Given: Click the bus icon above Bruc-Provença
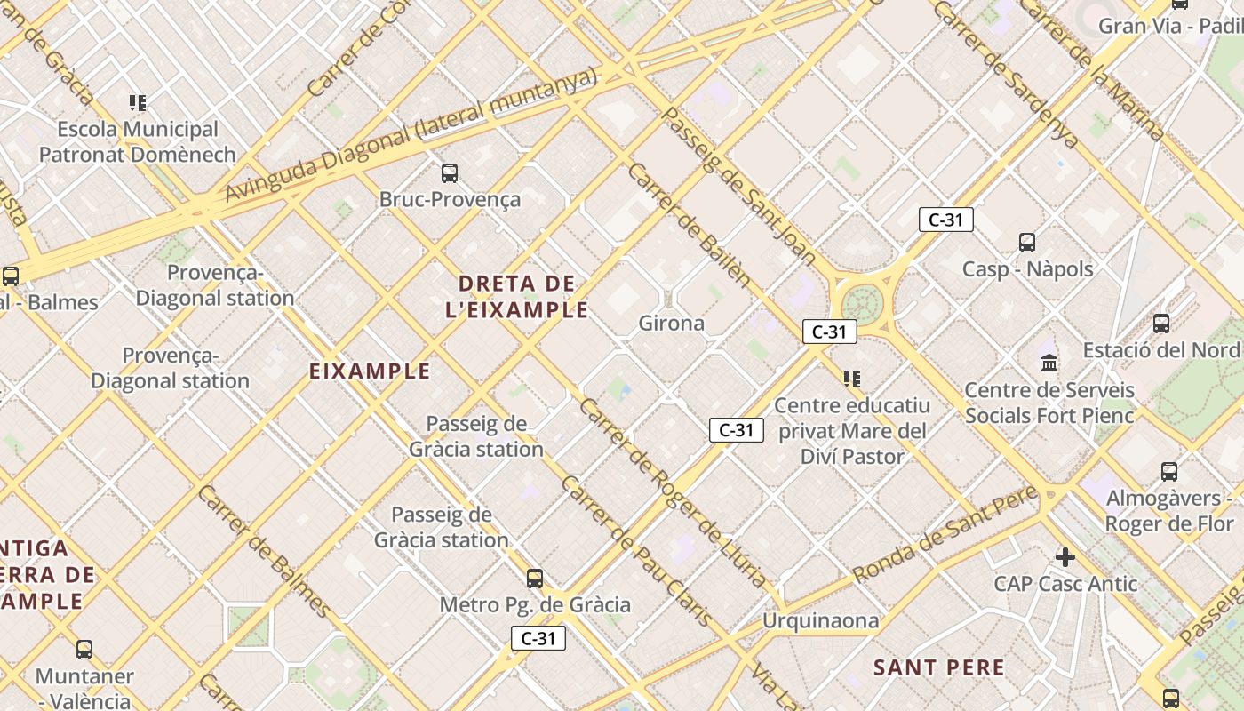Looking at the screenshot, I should point(450,172).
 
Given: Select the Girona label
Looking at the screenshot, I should point(671,324).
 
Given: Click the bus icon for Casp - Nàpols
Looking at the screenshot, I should point(1027,242).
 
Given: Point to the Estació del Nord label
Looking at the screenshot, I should point(1160,350).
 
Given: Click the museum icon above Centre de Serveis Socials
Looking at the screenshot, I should point(1049,363).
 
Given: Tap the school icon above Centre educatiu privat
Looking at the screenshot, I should point(852,379).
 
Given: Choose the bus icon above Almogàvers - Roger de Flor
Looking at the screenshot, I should point(1169,472).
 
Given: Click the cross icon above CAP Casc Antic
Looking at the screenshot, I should point(1065,557).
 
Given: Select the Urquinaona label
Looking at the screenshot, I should point(820,620).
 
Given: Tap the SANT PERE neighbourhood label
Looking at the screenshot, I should point(938,667).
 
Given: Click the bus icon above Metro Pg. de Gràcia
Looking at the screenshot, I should point(535,579).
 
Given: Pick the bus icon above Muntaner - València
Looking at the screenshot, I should point(84,650).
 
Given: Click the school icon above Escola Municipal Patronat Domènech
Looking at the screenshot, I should point(137,103).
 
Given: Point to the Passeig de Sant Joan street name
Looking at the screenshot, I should point(739,187).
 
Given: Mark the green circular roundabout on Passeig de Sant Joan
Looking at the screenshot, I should point(861,304).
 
